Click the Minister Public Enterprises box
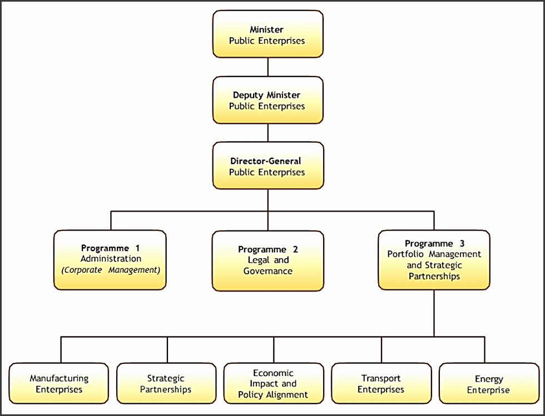point(267,34)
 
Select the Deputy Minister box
point(267,101)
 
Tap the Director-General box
point(267,166)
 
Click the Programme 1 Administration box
point(110,260)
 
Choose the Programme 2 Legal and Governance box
point(267,260)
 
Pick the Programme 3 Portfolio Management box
point(434,260)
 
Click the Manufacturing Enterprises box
point(59,384)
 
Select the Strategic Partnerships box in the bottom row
point(166,384)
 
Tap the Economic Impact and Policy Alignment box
point(273,384)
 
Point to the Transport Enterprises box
point(381,384)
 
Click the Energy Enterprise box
point(489,384)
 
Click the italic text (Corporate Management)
point(110,270)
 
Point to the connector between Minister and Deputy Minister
point(268,67)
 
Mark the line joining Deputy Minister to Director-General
point(268,133)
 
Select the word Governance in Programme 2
point(267,272)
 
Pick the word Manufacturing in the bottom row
point(59,378)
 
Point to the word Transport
point(381,378)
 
